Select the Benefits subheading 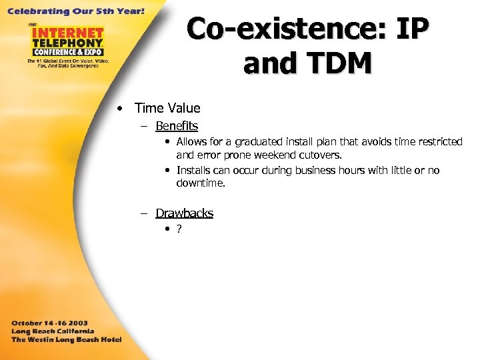pyautogui.click(x=177, y=126)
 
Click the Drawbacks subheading pyautogui.click(x=184, y=213)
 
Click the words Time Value pyautogui.click(x=167, y=108)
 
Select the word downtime pyautogui.click(x=201, y=183)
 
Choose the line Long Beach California pyautogui.click(x=53, y=331)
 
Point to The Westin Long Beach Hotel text pyautogui.click(x=65, y=339)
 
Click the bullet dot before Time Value pyautogui.click(x=117, y=109)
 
